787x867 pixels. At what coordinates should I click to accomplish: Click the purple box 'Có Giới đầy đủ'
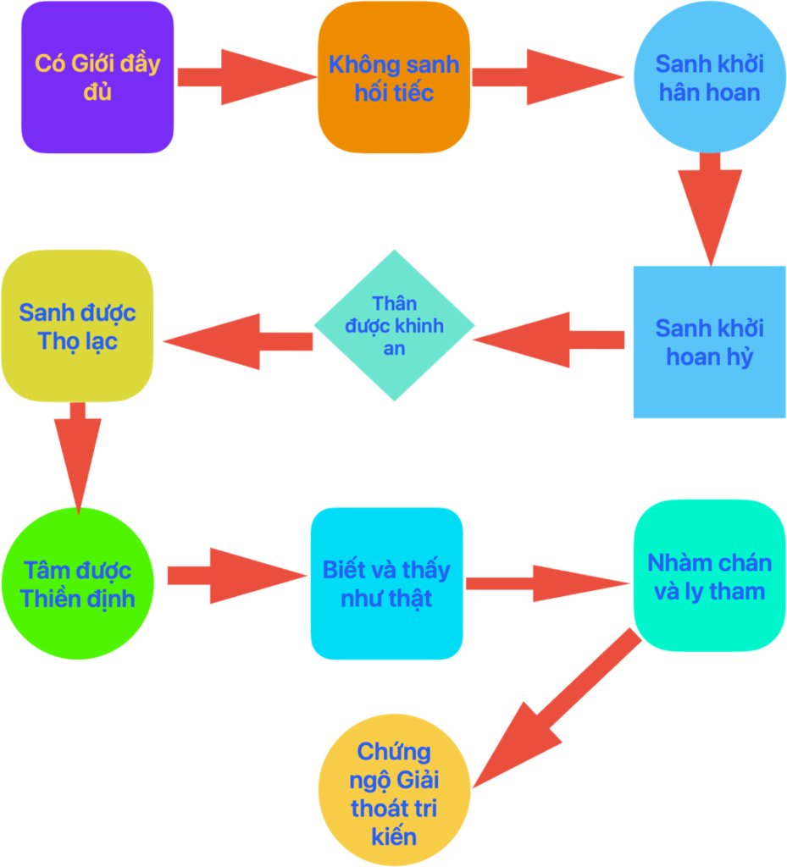pos(97,77)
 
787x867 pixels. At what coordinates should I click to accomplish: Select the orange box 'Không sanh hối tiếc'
pos(394,77)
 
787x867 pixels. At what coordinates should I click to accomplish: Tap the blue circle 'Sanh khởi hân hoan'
pos(709,77)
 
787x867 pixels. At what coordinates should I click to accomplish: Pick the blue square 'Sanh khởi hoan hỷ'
pos(709,341)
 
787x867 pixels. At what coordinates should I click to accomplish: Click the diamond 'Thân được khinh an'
pos(394,325)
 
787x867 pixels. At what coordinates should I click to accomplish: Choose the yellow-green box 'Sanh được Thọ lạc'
pos(77,326)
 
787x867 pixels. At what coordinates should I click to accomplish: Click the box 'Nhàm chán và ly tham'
pos(709,576)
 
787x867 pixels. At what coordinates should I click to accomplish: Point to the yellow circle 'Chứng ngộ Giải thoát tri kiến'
pos(394,792)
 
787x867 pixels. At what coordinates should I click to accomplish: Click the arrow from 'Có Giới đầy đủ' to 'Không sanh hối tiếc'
pos(245,77)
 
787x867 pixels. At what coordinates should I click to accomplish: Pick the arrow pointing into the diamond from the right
pos(550,340)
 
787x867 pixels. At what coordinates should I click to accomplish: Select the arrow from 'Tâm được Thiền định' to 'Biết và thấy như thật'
pos(236,576)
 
